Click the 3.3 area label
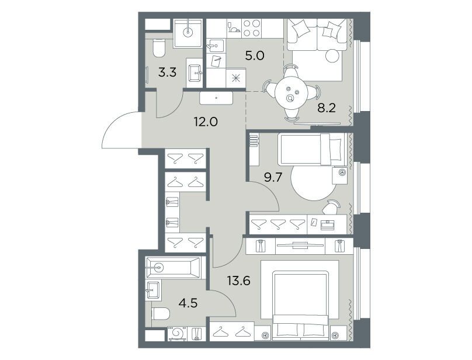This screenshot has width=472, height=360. coord(167,72)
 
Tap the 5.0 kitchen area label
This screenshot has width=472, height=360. coord(254,56)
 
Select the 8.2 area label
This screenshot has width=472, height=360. coord(327,108)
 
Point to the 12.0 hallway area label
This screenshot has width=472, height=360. coord(206,122)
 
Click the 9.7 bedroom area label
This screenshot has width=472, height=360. coord(273,178)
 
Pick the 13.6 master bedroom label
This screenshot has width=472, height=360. coord(239,281)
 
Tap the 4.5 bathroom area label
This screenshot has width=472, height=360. coord(188,303)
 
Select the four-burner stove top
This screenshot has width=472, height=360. coord(251,28)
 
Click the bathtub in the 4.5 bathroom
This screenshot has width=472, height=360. coord(173,268)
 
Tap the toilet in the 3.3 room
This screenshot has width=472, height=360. coord(159,48)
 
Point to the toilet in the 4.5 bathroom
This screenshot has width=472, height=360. coord(161,313)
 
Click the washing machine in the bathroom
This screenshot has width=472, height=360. coord(177,334)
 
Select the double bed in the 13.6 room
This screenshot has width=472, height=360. coord(300,306)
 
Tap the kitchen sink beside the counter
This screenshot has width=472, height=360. coord(214,46)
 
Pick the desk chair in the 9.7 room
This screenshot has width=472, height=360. coord(331,207)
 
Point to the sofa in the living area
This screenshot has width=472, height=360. coord(317,34)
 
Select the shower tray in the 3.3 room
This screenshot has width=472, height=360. coord(188,33)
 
